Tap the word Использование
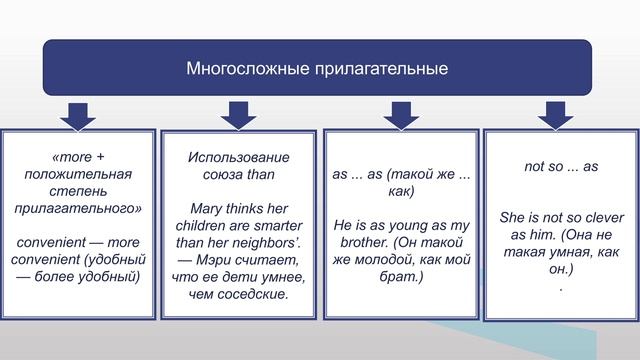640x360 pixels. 239,158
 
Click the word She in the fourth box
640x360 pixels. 513,216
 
